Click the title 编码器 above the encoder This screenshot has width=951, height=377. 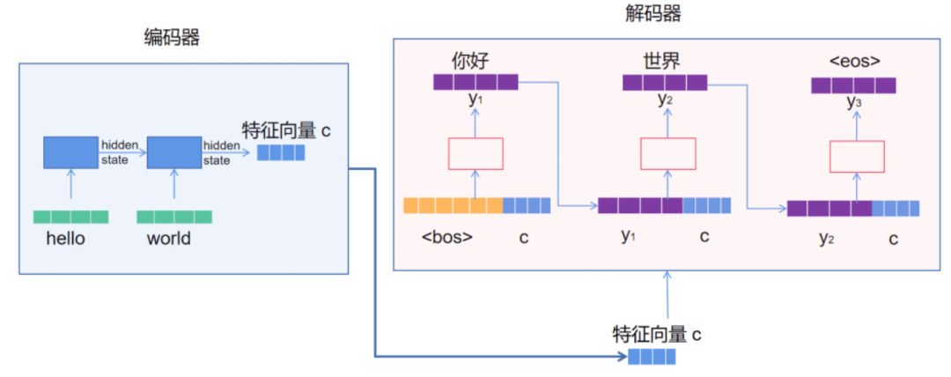(x=172, y=38)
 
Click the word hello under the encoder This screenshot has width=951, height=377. (x=66, y=238)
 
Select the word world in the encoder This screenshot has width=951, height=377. (x=169, y=238)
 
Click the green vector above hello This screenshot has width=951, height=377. (x=70, y=217)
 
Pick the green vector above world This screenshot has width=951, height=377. (x=174, y=217)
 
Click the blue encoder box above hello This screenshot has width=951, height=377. (x=70, y=152)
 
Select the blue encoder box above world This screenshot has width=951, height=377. (x=174, y=152)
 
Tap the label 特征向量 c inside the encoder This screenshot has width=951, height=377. (x=287, y=131)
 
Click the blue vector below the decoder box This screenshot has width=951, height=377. (x=652, y=357)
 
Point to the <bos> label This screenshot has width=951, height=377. (x=447, y=237)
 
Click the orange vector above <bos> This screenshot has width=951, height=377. (x=453, y=205)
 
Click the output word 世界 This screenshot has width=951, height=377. (x=661, y=61)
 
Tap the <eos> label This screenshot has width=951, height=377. (x=854, y=62)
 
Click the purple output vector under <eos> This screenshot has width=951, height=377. (x=853, y=85)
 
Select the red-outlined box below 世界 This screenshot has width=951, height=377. (x=667, y=154)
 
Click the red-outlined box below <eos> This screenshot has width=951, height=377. (x=858, y=156)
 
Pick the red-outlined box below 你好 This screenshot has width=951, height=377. (x=475, y=153)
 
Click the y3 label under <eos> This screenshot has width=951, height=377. (x=853, y=103)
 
